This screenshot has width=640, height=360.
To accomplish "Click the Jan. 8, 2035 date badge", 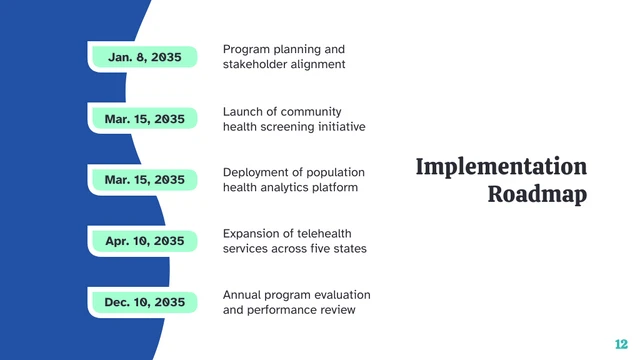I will coord(144,58).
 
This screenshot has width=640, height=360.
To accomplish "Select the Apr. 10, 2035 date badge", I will coord(144,241).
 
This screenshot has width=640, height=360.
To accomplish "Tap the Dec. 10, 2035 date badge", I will coord(144,302).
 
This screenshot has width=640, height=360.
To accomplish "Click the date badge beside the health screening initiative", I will coord(144,119).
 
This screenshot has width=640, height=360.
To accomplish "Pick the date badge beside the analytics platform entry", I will coord(144,180).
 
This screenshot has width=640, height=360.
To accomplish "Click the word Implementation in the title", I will coord(501,167).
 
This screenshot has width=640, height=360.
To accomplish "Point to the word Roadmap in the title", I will coord(537,194).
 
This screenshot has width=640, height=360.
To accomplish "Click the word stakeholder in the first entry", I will coord(254,65).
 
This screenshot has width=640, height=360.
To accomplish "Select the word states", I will coord(350,248).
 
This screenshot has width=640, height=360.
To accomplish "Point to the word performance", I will coord(284,310).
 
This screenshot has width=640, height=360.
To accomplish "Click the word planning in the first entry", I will coord(296,49).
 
